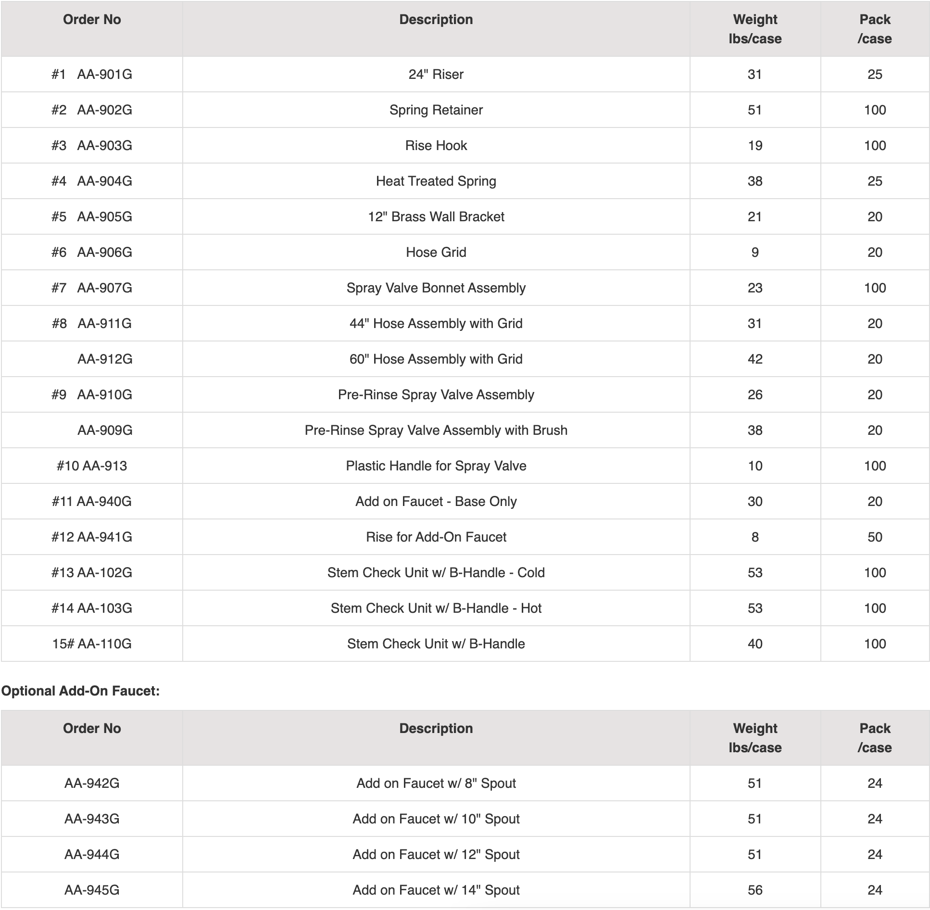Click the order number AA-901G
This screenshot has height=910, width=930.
coord(104,75)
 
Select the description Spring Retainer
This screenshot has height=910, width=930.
coord(436,110)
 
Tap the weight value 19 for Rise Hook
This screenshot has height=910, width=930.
coord(754,146)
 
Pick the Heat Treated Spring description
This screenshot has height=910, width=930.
coord(436,181)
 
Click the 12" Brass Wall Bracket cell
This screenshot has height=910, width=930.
coord(436,217)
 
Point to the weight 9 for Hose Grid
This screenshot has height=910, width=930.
coord(754,253)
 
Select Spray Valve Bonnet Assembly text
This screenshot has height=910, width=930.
coord(436,288)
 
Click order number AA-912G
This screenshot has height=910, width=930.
coord(105,359)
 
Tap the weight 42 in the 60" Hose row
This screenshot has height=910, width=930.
coord(754,359)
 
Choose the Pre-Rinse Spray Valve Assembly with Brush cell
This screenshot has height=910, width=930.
coord(436,430)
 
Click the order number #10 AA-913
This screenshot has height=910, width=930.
coord(92,466)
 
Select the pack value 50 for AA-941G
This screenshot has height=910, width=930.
coord(874,537)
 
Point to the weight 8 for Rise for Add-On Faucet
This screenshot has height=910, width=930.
coord(754,537)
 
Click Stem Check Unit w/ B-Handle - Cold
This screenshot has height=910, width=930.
coord(436,573)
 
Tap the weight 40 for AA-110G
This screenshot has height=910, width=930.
coord(754,644)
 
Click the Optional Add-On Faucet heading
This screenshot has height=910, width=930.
coord(80,691)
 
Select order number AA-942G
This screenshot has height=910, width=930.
coord(92,784)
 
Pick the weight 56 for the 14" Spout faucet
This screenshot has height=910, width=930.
coord(754,890)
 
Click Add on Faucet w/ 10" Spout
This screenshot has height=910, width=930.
coord(436,819)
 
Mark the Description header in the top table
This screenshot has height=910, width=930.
coord(436,20)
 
